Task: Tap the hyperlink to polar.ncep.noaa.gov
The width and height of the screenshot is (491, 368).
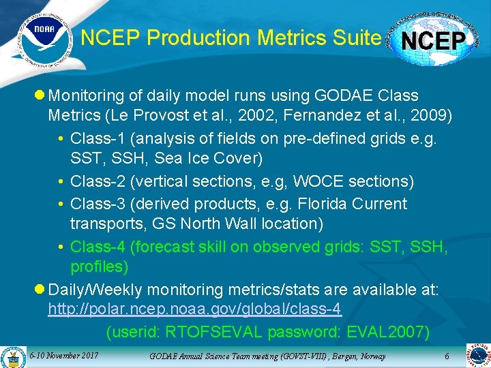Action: [194, 309]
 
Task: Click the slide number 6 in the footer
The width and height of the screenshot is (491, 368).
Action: [447, 356]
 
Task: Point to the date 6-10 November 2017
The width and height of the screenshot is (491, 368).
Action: [64, 356]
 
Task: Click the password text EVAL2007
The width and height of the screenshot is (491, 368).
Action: [389, 332]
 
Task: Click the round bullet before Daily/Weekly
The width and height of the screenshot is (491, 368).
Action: [40, 289]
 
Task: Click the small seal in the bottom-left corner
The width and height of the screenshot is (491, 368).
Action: [12, 356]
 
